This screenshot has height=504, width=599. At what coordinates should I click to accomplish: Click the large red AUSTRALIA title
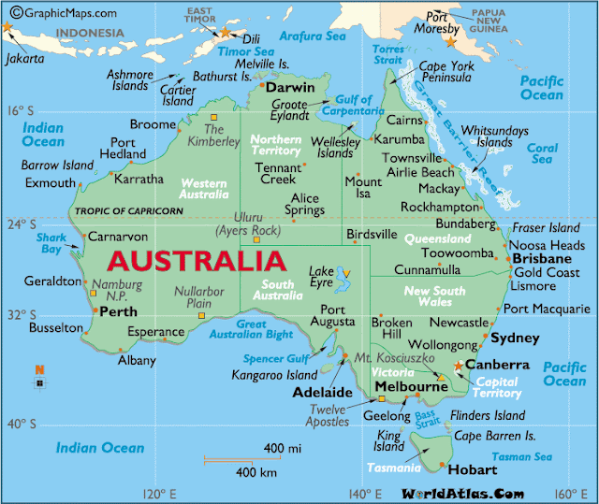(196, 260)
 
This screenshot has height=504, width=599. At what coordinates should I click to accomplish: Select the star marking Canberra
(458, 366)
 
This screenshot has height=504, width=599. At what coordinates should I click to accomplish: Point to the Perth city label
(118, 312)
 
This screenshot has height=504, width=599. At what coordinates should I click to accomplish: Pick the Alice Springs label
(306, 205)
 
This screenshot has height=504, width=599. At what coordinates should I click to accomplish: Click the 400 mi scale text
(282, 449)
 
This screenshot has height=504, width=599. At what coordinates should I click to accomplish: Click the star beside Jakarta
(8, 27)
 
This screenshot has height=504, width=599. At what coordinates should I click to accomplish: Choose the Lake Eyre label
(322, 277)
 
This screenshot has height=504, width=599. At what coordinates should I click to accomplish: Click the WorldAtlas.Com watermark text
(463, 492)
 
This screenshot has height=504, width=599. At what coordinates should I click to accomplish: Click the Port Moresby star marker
(451, 42)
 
